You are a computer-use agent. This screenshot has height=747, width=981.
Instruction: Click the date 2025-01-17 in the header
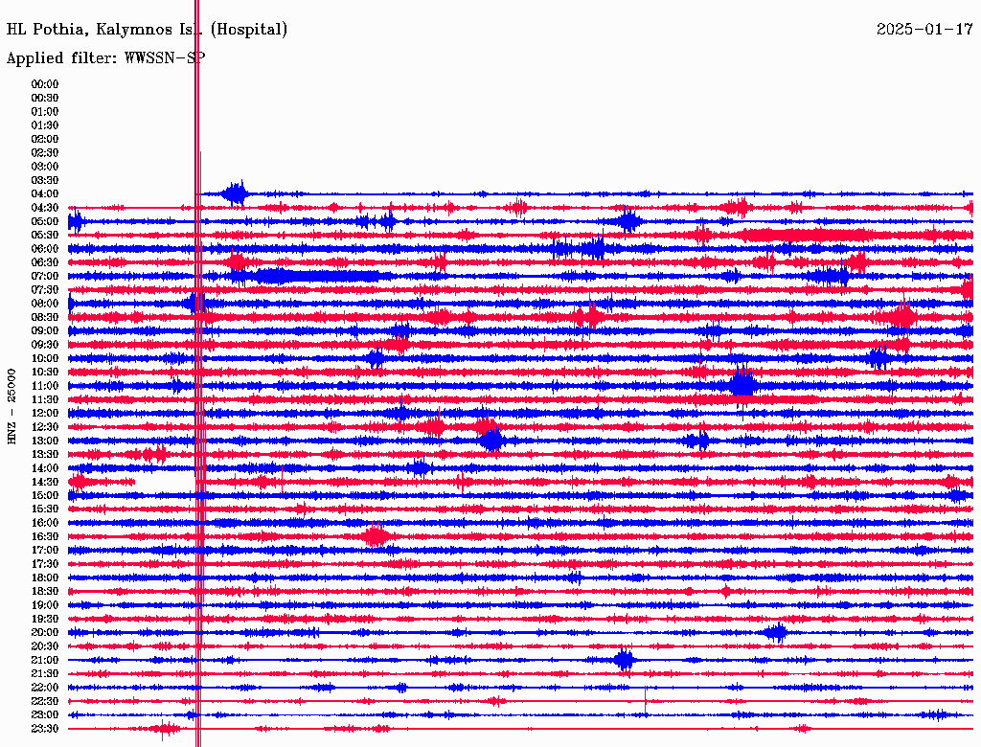pyautogui.click(x=924, y=30)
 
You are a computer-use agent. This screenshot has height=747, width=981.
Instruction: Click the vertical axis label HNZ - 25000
pyautogui.click(x=12, y=405)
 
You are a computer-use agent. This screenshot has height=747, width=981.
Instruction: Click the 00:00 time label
pyautogui.click(x=45, y=84)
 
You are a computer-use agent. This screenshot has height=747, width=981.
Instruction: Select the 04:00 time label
pyautogui.click(x=45, y=194)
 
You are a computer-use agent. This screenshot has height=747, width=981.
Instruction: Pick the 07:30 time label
pyautogui.click(x=45, y=290)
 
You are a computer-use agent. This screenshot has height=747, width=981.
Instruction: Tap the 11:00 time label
pyautogui.click(x=45, y=386)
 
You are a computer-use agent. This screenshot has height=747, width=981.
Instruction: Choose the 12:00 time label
pyautogui.click(x=45, y=414)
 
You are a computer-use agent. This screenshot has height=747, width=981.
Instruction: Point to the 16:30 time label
pyautogui.click(x=45, y=537)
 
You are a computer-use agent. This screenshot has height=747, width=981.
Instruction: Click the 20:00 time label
pyautogui.click(x=45, y=633)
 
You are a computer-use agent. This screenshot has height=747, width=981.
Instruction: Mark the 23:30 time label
pyautogui.click(x=45, y=729)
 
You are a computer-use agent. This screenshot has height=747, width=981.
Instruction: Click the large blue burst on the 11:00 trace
pyautogui.click(x=742, y=385)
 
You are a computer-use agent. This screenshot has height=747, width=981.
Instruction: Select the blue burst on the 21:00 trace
pyautogui.click(x=625, y=659)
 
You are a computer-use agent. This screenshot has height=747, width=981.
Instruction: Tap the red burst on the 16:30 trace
pyautogui.click(x=376, y=536)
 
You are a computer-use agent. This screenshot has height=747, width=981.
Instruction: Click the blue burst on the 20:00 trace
pyautogui.click(x=776, y=632)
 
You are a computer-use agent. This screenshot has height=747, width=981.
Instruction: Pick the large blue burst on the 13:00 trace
pyautogui.click(x=491, y=441)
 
